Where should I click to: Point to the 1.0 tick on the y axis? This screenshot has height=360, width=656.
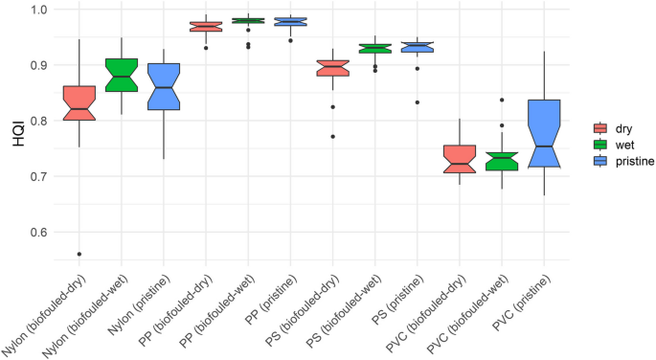(x=44, y=10)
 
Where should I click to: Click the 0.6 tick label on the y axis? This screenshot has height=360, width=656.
(x=44, y=233)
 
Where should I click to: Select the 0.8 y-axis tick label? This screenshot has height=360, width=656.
(x=44, y=122)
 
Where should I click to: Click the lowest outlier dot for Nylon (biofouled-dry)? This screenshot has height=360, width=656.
(x=79, y=254)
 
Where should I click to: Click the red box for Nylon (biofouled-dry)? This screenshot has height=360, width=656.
(x=79, y=102)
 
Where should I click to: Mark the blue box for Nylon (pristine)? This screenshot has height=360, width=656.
(x=164, y=86)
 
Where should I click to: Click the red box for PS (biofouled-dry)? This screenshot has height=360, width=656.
(x=333, y=68)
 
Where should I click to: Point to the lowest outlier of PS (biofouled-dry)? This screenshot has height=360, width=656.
(x=333, y=137)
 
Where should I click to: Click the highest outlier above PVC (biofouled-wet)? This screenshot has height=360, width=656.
(x=502, y=100)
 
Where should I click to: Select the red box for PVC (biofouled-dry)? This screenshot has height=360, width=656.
(x=460, y=159)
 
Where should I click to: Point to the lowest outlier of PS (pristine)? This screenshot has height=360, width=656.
(x=418, y=102)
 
